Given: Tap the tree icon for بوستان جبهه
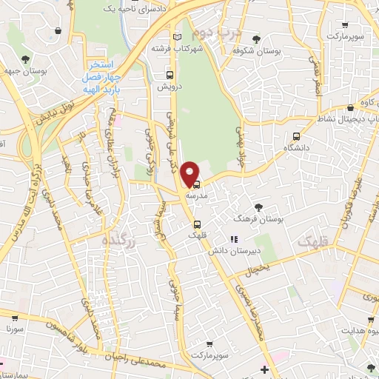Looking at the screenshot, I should [x=27, y=58].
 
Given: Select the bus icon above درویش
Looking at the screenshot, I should [x=171, y=75].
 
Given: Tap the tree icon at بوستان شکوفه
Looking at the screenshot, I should [x=257, y=38].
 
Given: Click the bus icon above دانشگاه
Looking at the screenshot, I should [x=297, y=136].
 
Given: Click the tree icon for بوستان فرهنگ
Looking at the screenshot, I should [x=258, y=207].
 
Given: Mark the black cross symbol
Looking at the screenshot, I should [x=265, y=369].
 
